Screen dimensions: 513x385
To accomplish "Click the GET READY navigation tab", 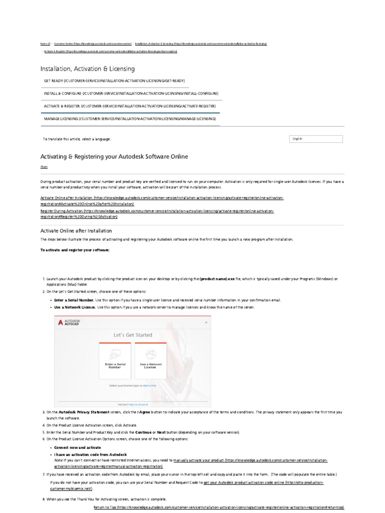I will click(x=114, y=80).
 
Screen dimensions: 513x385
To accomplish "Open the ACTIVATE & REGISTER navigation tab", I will click(x=129, y=106).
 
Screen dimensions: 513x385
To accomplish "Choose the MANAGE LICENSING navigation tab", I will click(x=130, y=119).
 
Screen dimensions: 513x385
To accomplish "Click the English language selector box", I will click(x=316, y=139).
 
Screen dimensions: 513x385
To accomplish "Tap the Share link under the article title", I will click(x=44, y=167).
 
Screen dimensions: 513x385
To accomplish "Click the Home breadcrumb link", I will click(x=44, y=44).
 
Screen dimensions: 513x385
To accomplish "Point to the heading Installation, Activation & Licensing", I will click(x=87, y=69).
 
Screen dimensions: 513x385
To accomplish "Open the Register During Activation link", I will click(x=157, y=213).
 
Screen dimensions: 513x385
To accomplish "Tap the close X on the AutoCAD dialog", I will click(x=206, y=323).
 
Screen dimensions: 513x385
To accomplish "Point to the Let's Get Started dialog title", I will click(x=132, y=335).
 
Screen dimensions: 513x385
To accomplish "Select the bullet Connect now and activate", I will click(x=77, y=447).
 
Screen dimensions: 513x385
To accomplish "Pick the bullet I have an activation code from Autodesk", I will click(x=90, y=454).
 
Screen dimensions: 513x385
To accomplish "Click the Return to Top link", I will click(x=219, y=507).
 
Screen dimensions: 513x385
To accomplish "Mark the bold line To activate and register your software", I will click(x=74, y=249).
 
